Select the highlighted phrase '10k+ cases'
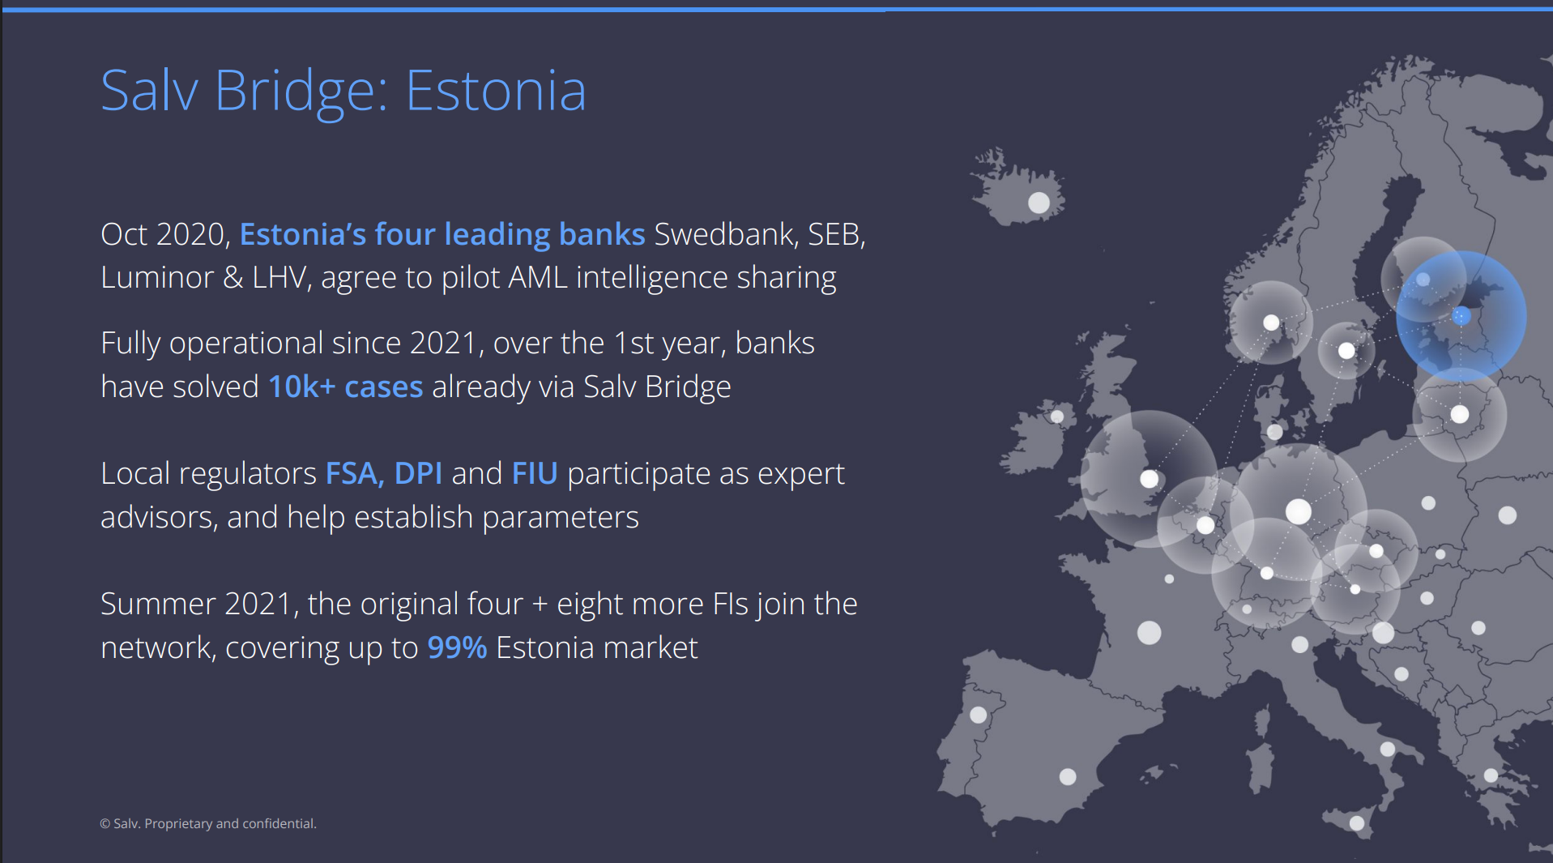[x=346, y=387]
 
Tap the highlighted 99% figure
[x=457, y=647]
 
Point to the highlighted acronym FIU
[x=535, y=473]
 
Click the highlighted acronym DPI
[x=418, y=473]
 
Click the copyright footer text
[x=208, y=823]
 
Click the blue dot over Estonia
[x=1461, y=316]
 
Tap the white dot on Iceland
[x=1039, y=202]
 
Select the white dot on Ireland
[x=1057, y=417]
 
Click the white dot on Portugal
[x=979, y=715]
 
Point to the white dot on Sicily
[x=1357, y=823]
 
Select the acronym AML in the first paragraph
[x=538, y=278]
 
